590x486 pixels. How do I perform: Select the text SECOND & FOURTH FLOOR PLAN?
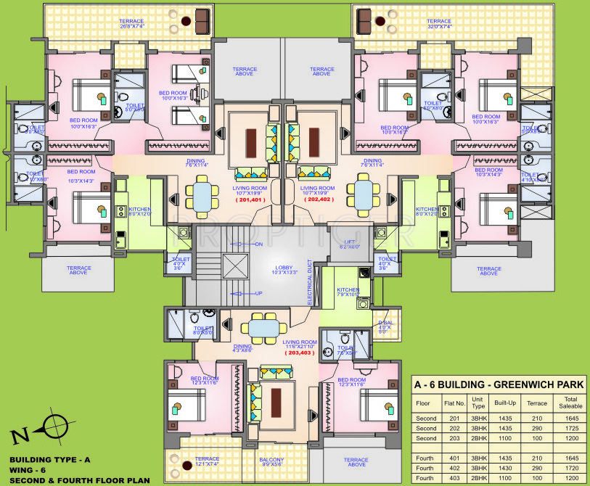pyautogui.click(x=79, y=480)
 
